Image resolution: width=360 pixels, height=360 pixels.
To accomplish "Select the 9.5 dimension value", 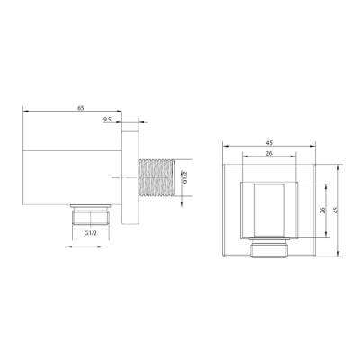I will click(108, 120).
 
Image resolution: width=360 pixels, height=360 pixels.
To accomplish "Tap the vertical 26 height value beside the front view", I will click(322, 211).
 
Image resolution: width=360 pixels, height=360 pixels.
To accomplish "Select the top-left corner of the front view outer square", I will click(220, 165).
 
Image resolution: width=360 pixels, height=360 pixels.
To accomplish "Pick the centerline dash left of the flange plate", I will click(120, 178).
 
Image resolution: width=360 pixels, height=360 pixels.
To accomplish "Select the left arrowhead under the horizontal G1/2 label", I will click(72, 241).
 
